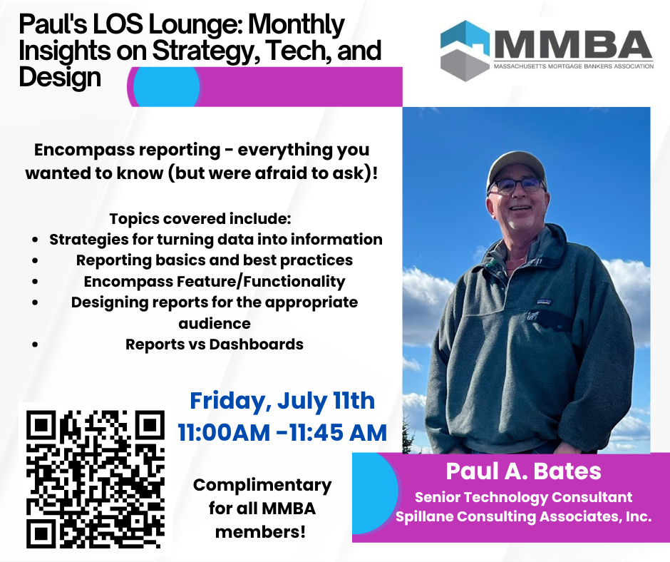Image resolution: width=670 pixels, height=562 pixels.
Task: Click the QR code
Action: pyautogui.click(x=96, y=479)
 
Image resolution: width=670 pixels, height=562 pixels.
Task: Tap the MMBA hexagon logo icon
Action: pyautogui.click(x=465, y=51)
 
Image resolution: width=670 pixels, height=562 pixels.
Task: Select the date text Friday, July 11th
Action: pyautogui.click(x=282, y=401)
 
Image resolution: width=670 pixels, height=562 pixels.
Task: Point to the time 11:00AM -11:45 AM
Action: pyautogui.click(x=282, y=432)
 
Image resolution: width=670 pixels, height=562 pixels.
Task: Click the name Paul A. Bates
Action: pyautogui.click(x=523, y=471)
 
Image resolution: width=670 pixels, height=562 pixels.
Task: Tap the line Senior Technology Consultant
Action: pyautogui.click(x=523, y=497)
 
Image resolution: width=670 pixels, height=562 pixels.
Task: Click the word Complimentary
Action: pyautogui.click(x=262, y=486)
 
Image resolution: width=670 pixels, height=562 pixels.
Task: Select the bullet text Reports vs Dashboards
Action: pyautogui.click(x=215, y=344)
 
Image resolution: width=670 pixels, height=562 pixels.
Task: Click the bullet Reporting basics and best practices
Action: pyautogui.click(x=215, y=260)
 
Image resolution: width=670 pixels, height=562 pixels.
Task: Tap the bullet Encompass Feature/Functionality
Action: pyautogui.click(x=215, y=282)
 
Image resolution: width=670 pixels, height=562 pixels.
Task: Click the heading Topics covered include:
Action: pyautogui.click(x=200, y=218)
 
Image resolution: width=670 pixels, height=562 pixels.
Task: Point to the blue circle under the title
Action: pyautogui.click(x=167, y=86)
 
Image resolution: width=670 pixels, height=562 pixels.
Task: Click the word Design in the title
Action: pyautogui.click(x=60, y=78)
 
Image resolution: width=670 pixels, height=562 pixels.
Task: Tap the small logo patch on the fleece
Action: pyautogui.click(x=544, y=302)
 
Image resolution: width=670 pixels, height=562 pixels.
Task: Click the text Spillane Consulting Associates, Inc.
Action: pyautogui.click(x=523, y=516)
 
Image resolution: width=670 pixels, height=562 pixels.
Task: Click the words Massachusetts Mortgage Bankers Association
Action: pyautogui.click(x=574, y=66)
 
